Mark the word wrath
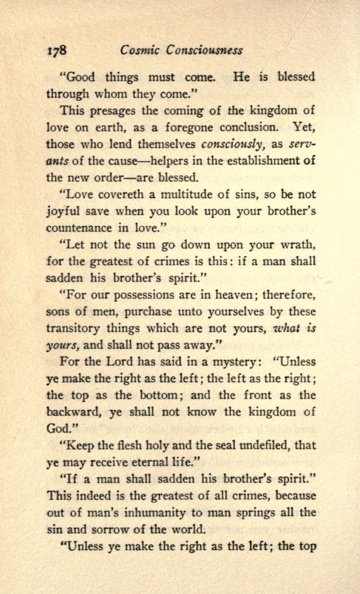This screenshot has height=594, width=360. point(297,246)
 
